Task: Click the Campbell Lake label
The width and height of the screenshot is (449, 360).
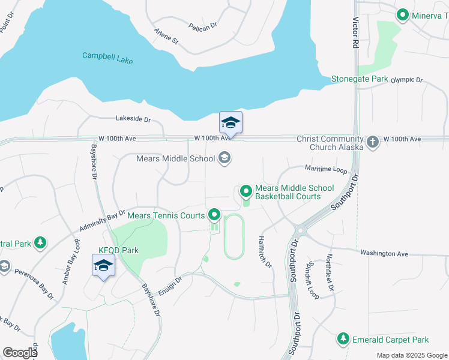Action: (x=107, y=58)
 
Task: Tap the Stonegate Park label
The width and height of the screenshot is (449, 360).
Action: (x=359, y=79)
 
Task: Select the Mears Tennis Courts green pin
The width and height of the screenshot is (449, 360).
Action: (x=214, y=214)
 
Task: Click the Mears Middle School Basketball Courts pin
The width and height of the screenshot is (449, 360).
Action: (x=246, y=191)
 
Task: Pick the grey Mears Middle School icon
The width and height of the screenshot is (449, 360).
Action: (x=224, y=158)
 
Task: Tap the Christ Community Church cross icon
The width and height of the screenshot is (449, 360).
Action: (x=372, y=142)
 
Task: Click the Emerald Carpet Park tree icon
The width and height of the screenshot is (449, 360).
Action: (x=343, y=339)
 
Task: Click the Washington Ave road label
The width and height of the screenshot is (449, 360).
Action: (x=384, y=253)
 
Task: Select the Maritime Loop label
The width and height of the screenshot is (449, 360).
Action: (x=326, y=170)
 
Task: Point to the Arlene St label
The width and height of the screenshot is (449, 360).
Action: (x=166, y=37)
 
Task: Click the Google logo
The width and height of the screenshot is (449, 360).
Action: (x=19, y=353)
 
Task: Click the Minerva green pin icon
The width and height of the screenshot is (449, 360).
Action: (x=402, y=15)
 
